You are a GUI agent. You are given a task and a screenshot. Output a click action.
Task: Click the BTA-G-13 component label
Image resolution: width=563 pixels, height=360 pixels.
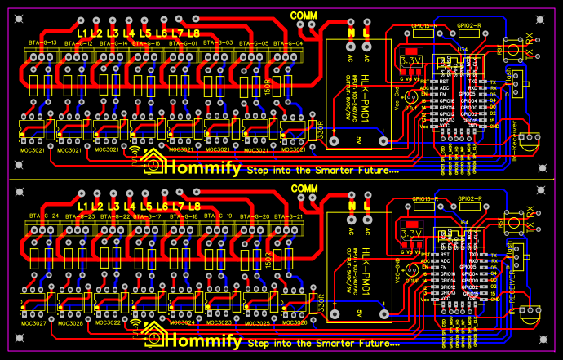[x=42, y=42]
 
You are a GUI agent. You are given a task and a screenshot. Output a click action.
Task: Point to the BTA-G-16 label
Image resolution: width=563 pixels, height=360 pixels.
[x=148, y=42]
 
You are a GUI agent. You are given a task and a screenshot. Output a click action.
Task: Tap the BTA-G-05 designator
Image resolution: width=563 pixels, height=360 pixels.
[x=254, y=42]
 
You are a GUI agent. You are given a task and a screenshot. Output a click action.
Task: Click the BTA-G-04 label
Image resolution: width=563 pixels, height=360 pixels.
[x=289, y=42]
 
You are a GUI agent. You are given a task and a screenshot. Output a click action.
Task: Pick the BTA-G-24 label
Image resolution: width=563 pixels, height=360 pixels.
[x=42, y=216]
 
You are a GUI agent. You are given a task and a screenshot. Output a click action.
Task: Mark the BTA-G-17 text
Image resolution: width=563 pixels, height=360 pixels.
[x=148, y=216]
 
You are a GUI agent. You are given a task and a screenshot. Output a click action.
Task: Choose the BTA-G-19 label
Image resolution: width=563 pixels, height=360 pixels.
[x=218, y=216]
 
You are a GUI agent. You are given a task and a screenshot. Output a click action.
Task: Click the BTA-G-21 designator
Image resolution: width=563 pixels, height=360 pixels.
[x=289, y=216]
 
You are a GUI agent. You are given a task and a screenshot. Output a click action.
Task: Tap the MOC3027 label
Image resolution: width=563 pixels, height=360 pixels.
[x=33, y=323]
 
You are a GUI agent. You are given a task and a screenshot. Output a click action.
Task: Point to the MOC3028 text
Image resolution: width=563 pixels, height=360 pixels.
[x=70, y=323]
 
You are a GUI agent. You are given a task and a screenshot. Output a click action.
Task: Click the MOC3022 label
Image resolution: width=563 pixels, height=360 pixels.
[x=107, y=323]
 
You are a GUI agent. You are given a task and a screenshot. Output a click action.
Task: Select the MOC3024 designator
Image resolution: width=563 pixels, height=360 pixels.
[x=180, y=323]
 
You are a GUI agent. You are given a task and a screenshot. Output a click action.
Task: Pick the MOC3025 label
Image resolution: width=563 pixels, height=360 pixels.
[x=255, y=323]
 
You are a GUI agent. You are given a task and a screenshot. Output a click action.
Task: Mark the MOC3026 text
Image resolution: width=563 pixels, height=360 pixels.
[x=292, y=323]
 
